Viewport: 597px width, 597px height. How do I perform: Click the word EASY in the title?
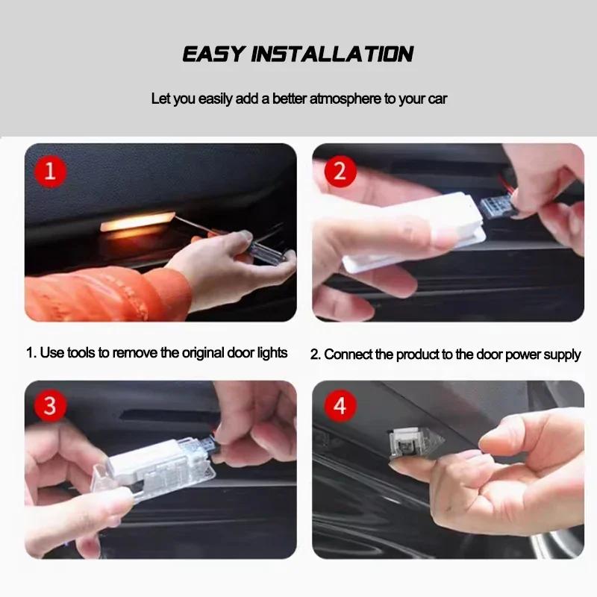coord(213,54)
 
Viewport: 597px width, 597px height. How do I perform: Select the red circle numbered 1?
coord(51,172)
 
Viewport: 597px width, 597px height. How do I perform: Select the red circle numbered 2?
coord(340,172)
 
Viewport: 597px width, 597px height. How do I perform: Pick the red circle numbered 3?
coord(51,407)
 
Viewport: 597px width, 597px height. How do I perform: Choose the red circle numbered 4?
coord(340,407)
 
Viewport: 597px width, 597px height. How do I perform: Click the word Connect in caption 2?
coord(347,354)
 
